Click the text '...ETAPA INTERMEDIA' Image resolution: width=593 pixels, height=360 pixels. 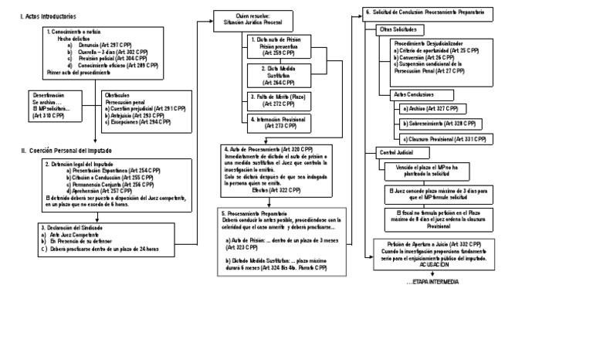[432, 281]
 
